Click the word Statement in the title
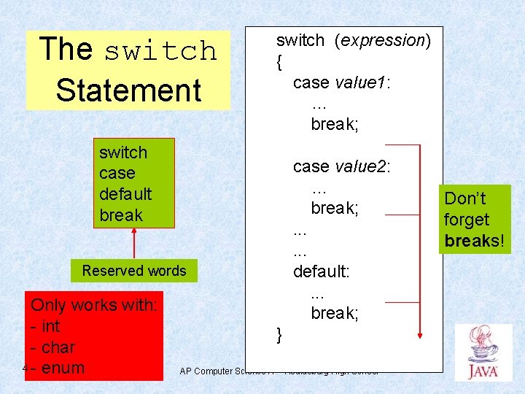(128, 90)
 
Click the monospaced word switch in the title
(160, 51)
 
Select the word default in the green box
(125, 194)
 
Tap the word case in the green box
(117, 174)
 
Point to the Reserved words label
(134, 271)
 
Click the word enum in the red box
(63, 368)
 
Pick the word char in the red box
(58, 347)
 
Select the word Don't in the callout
(465, 198)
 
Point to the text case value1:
(342, 82)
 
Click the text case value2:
(342, 166)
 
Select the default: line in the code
(322, 271)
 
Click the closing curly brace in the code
(279, 335)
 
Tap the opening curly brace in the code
(279, 63)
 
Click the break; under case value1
(335, 124)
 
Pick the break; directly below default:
(335, 313)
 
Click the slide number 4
(25, 368)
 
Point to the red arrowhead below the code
(420, 334)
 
